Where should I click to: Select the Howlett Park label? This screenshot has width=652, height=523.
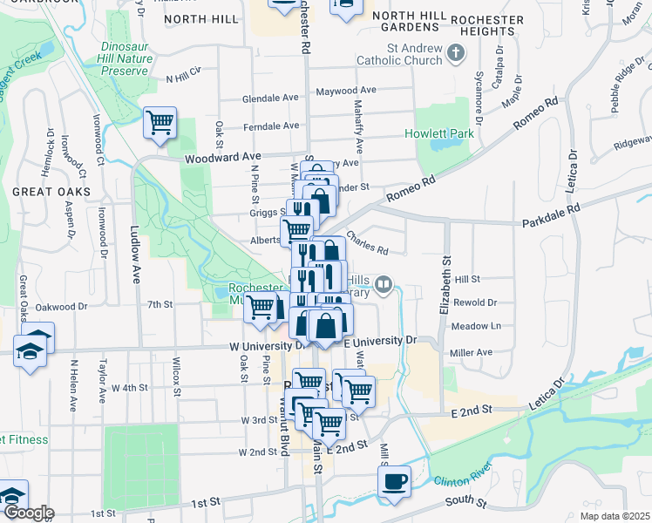pos(438,133)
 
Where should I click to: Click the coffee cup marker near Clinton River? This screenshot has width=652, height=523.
pos(395,482)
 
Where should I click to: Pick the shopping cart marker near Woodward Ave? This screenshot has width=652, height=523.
pos(160,123)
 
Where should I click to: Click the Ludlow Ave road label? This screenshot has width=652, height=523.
pos(135,261)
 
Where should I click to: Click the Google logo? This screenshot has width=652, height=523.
pos(28,513)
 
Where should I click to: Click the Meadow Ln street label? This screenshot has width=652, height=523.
pos(476,326)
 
